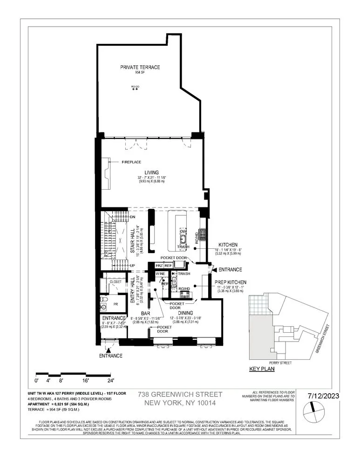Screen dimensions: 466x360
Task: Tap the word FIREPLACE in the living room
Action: (131, 162)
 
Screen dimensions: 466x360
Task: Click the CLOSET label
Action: (115, 281)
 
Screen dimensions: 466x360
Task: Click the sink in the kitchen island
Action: (183, 240)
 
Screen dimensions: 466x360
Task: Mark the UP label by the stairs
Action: (132, 266)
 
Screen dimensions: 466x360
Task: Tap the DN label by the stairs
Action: (132, 217)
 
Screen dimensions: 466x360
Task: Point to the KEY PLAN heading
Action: (262, 369)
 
